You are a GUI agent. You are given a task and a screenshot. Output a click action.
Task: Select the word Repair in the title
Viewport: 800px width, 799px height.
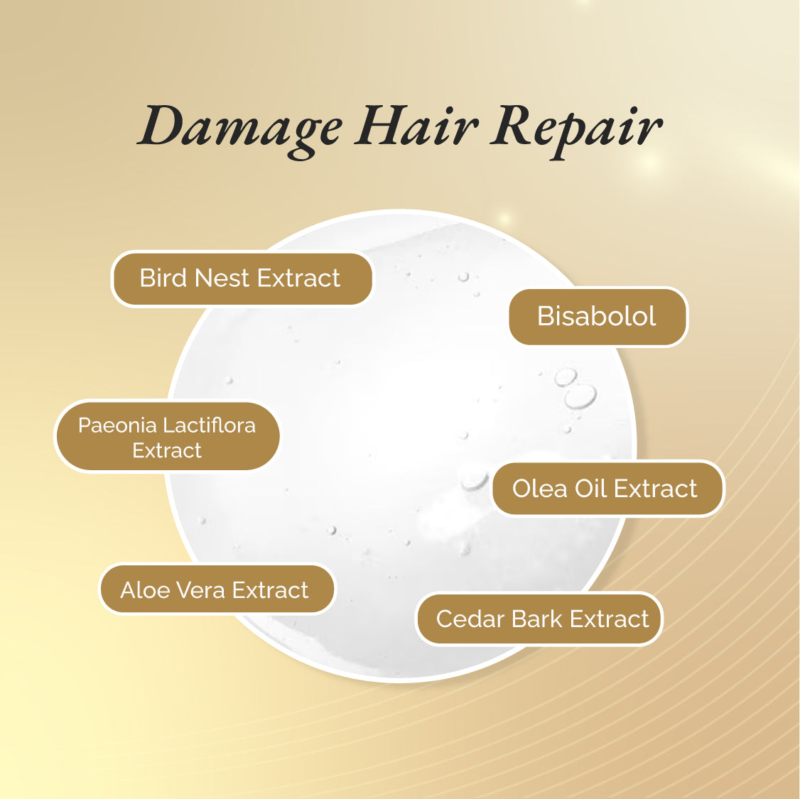(576, 132)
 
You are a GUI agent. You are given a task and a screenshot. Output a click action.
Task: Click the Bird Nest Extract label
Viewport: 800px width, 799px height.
(242, 279)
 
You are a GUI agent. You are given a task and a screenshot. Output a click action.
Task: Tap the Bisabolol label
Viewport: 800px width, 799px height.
(598, 317)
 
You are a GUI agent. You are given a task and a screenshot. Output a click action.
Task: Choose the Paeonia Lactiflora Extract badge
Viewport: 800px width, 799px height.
(168, 437)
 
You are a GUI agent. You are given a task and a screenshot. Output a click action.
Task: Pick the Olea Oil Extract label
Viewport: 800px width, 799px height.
(607, 489)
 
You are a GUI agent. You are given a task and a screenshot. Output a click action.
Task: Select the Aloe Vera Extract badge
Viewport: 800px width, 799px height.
(217, 590)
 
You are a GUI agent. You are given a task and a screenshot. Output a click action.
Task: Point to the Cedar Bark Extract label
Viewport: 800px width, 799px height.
(539, 619)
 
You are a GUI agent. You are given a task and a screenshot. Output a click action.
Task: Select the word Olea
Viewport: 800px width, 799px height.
(540, 489)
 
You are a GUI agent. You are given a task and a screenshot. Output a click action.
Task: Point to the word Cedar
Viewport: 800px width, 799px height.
(471, 619)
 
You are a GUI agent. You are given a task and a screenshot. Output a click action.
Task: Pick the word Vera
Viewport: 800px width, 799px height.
(202, 590)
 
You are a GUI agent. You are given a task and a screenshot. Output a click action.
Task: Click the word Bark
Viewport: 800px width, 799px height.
(536, 619)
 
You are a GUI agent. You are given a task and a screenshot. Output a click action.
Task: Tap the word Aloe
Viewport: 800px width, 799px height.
(147, 590)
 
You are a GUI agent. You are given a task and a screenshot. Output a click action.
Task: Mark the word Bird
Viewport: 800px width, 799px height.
(163, 278)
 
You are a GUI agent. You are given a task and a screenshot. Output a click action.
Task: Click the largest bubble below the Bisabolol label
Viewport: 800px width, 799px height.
(580, 397)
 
